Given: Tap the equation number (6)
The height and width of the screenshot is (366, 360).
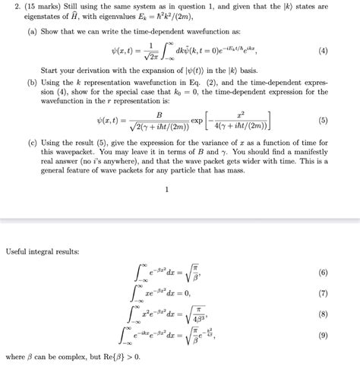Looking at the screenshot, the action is [x=323, y=272].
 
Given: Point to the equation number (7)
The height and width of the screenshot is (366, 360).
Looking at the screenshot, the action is [x=323, y=292].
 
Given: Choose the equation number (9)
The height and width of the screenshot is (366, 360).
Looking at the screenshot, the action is [x=323, y=334].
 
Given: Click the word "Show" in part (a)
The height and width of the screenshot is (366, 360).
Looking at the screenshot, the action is [x=53, y=33].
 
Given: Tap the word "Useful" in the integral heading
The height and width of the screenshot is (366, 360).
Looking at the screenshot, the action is [x=18, y=251].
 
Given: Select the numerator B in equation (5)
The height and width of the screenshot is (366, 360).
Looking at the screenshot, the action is [x=159, y=112].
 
